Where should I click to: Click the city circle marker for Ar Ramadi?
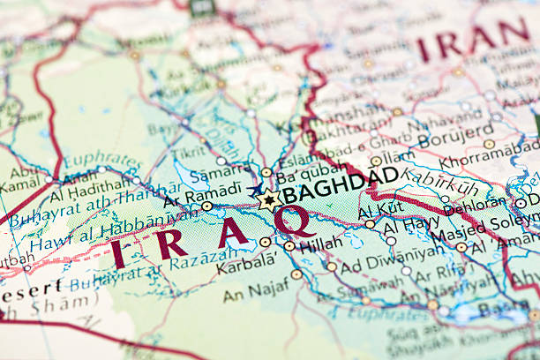click(206, 206)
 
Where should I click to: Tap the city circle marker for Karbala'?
click(266, 242)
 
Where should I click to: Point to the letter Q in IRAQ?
click(295, 221)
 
